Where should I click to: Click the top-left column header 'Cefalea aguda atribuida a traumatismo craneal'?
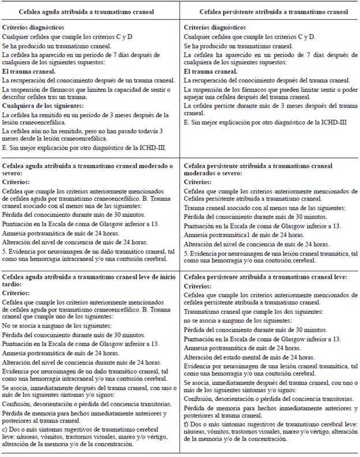[x=91, y=12]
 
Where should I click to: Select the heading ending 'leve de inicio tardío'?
[x=91, y=281]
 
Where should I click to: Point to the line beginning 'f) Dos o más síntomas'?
[x=270, y=425]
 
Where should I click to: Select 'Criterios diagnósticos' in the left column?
[x=33, y=28]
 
